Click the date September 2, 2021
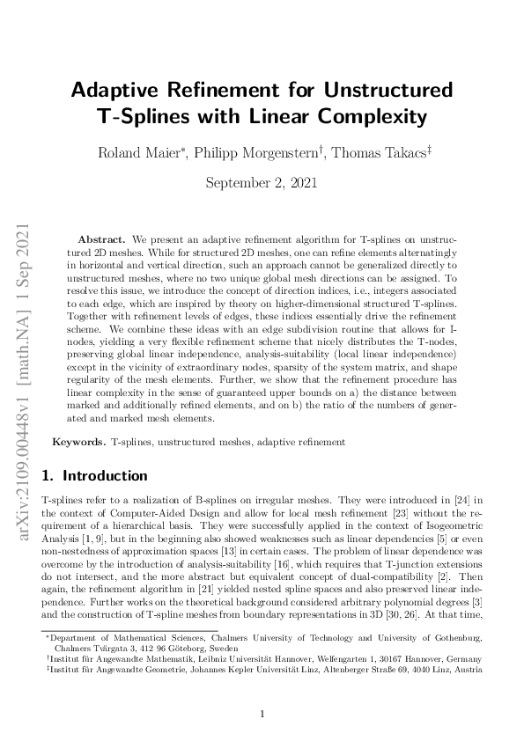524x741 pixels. [262, 183]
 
